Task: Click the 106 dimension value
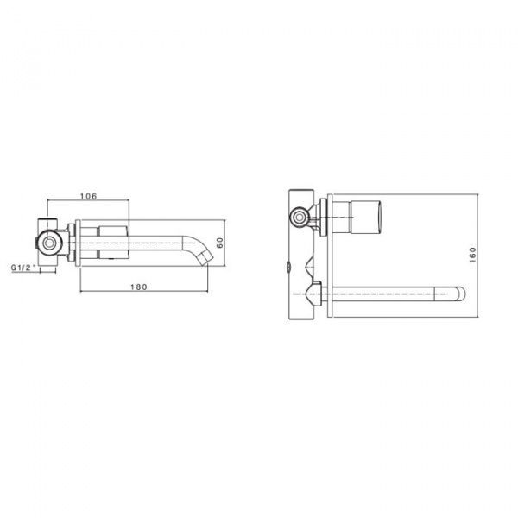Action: click(x=89, y=196)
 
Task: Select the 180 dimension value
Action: click(x=139, y=287)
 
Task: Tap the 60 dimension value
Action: click(x=220, y=243)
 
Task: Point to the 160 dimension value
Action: click(x=473, y=255)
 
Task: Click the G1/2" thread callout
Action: click(x=23, y=268)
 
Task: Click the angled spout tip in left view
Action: click(x=205, y=257)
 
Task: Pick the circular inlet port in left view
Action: click(x=49, y=243)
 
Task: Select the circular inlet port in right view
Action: click(x=300, y=218)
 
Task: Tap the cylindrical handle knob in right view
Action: click(x=367, y=217)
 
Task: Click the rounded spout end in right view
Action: click(x=458, y=294)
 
